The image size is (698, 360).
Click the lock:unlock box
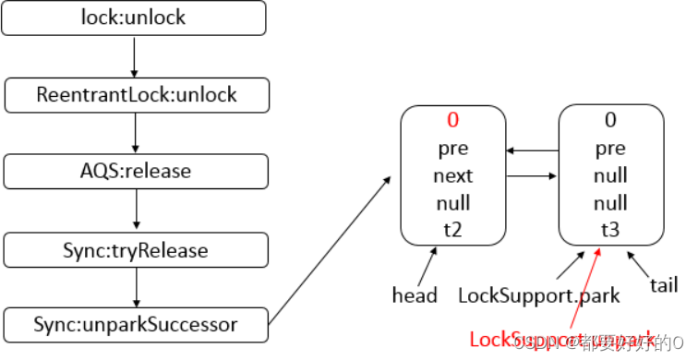136,17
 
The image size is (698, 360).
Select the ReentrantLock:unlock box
136,94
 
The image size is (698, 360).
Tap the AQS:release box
136,171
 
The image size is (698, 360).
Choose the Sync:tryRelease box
136,249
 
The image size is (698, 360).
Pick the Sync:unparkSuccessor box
136,324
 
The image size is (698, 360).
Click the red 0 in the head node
452,121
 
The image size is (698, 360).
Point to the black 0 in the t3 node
610,121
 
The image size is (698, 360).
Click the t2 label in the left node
452,231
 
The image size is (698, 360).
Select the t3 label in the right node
610,231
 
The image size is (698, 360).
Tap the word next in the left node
452,175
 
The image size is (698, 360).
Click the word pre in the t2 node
452,148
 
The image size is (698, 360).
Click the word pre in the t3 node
610,148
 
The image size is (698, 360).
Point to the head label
414,296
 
